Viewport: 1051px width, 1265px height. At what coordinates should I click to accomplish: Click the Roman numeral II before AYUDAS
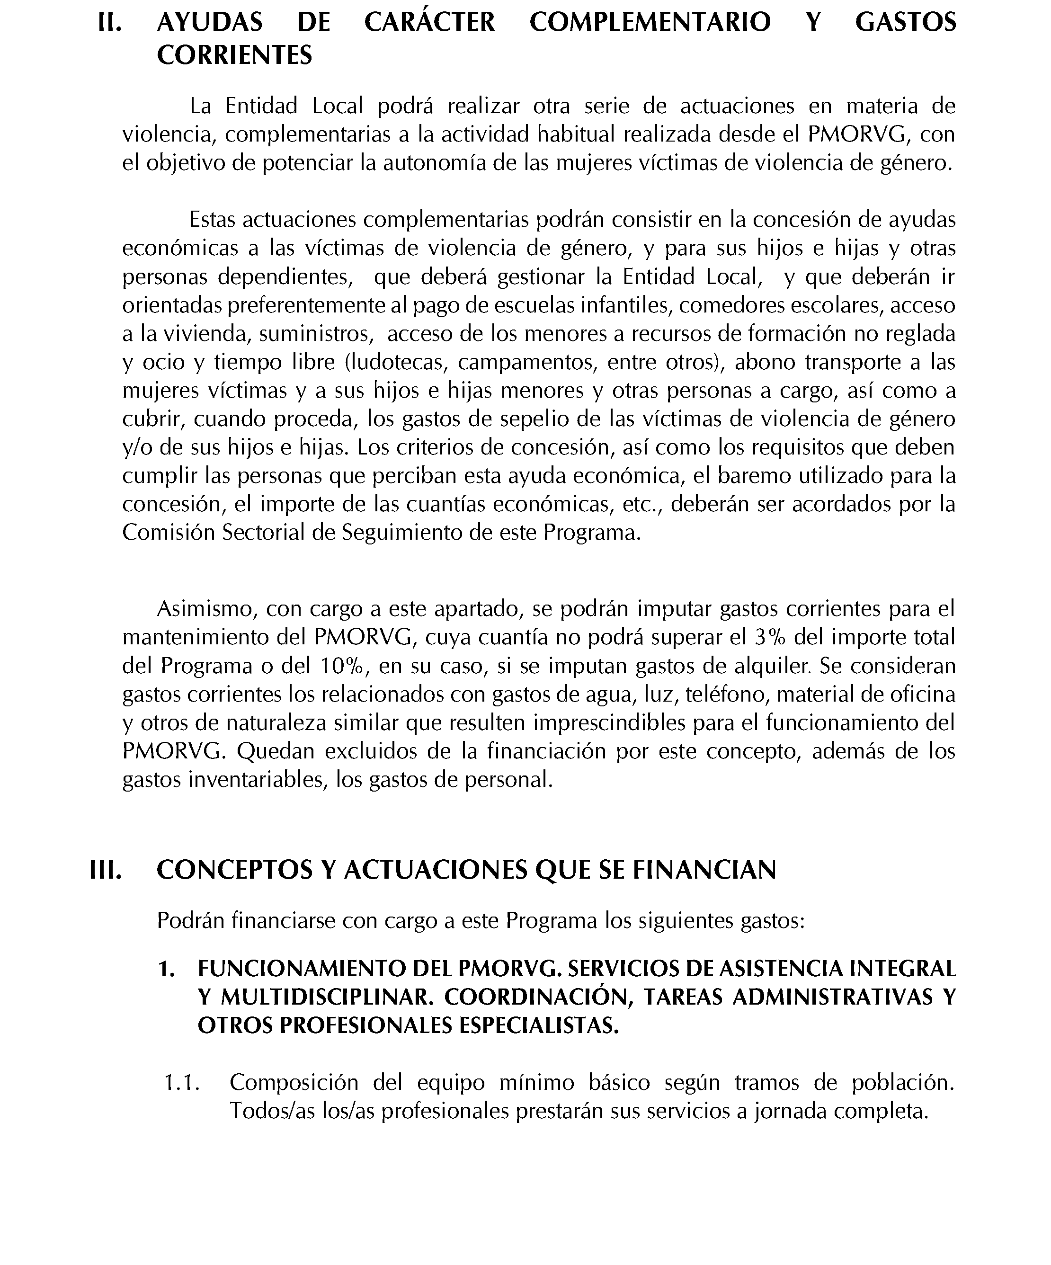coord(110,23)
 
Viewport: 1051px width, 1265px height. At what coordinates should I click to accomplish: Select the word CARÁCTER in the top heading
coord(429,23)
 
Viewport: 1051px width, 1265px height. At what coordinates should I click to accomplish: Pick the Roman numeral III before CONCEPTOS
coord(106,870)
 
